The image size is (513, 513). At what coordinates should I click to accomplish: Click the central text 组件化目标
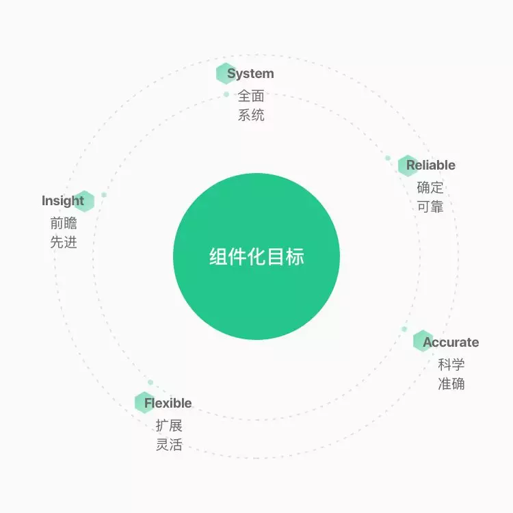256,257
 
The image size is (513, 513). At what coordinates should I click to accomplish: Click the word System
251,74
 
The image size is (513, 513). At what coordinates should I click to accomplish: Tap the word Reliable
431,165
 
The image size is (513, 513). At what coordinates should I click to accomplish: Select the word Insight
62,201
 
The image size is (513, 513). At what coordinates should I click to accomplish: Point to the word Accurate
451,342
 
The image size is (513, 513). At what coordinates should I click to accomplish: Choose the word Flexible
168,403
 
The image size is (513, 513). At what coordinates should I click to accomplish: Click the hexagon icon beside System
225,74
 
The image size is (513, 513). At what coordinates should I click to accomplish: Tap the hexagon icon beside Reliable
408,166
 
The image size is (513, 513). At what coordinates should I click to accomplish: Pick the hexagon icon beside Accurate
423,341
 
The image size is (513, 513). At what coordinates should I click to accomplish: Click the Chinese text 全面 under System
251,96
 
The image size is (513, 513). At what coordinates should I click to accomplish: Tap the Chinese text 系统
251,115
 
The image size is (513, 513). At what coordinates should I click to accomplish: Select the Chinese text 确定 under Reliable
430,187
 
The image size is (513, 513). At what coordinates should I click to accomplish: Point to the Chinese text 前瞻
64,223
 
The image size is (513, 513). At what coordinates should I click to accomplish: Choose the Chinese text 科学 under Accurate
451,364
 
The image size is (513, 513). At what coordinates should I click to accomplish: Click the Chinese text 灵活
169,444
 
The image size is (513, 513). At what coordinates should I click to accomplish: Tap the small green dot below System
226,94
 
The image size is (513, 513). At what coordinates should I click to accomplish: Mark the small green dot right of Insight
104,195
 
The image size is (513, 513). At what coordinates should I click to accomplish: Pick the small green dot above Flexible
150,382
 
